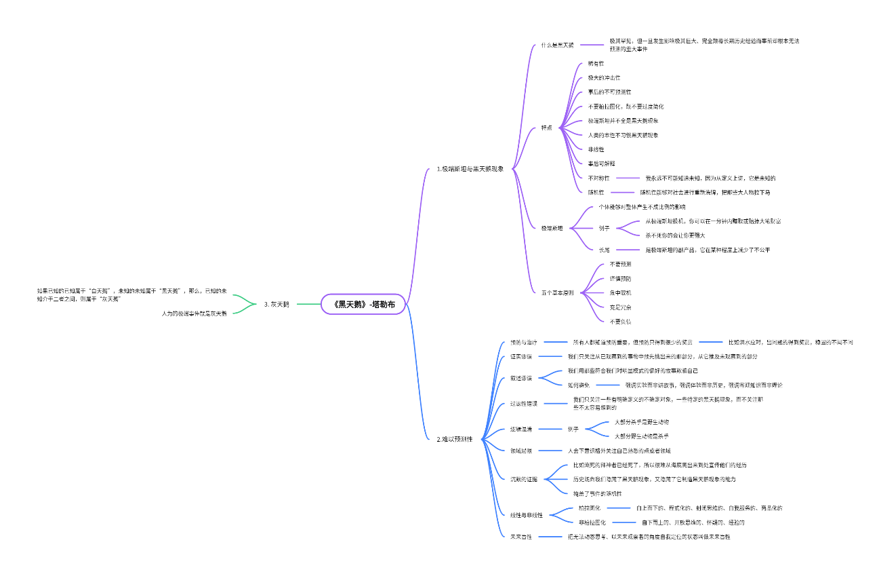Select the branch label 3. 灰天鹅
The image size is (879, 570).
277,304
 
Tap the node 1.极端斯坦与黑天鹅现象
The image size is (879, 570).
470,168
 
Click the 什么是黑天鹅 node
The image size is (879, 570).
557,45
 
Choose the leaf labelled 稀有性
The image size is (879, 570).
596,63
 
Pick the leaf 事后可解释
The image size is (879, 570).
601,164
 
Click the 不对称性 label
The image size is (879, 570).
598,178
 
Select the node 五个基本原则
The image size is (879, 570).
558,292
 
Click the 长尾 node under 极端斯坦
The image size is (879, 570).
604,250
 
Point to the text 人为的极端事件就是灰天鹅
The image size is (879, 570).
194,313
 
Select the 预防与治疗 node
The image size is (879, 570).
524,342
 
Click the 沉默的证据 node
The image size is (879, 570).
524,479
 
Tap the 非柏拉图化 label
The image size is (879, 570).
592,522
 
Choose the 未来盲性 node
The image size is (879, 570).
521,537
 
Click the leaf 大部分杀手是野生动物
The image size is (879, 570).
642,422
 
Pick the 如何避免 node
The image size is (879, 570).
578,385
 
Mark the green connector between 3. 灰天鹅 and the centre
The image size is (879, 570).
308,304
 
